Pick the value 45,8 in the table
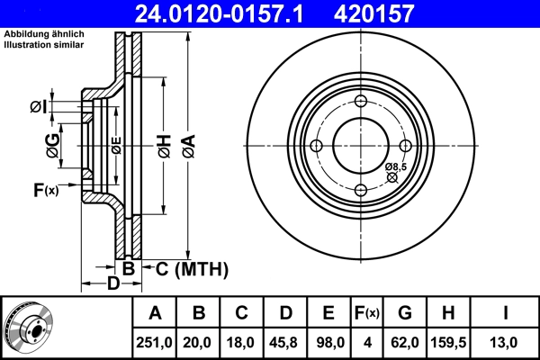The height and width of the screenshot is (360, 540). point(285,341)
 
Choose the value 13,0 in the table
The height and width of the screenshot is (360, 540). point(507,341)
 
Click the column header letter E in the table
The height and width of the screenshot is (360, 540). point(328,313)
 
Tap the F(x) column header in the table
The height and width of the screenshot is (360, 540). point(366,313)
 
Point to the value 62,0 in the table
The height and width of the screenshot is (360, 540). point(406,341)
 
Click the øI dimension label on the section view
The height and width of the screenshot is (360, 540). point(37,107)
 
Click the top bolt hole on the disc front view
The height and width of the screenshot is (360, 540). point(360,103)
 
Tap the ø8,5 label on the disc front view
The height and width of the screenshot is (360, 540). point(396,167)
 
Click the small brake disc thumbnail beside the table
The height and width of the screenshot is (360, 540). point(29,328)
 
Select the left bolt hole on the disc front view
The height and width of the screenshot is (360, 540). point(317,146)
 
